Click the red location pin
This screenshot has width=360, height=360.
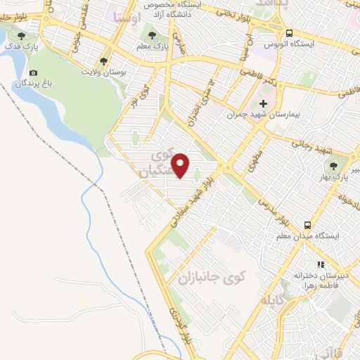(x=181, y=165)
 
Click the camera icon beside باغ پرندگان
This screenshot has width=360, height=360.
(x=33, y=72)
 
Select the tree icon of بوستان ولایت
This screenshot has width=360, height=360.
(x=104, y=61)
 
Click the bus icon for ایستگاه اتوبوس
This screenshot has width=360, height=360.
(x=289, y=32)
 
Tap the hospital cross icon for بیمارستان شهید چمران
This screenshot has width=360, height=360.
(x=264, y=103)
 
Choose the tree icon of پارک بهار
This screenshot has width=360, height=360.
(x=333, y=166)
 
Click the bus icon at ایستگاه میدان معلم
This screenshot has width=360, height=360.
(x=308, y=225)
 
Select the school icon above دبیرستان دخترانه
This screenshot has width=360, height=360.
(x=320, y=265)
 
